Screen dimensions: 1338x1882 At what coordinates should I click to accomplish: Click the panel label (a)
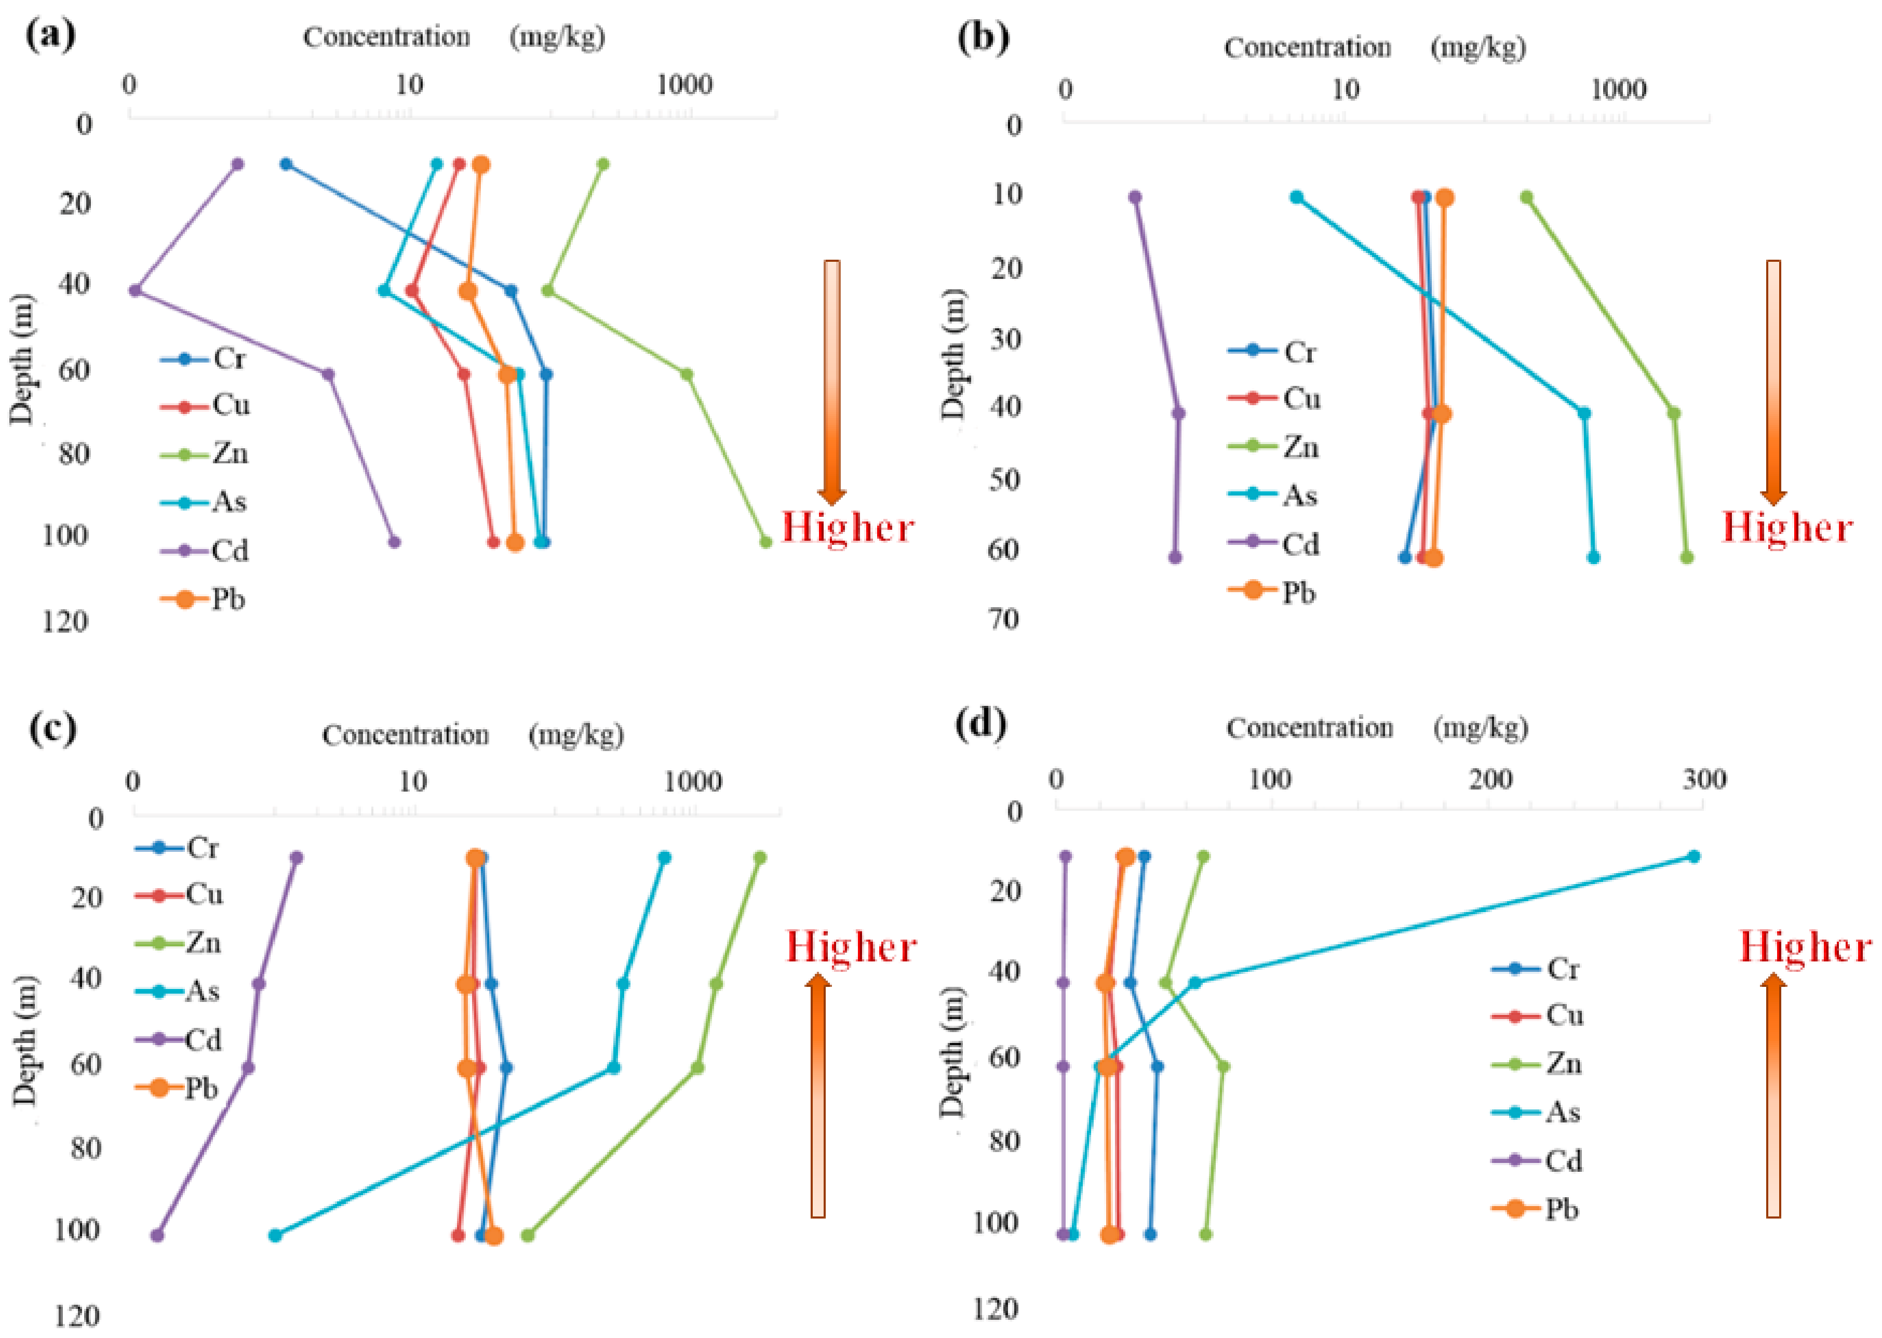point(51,35)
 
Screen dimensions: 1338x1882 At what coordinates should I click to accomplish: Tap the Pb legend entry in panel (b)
point(1272,592)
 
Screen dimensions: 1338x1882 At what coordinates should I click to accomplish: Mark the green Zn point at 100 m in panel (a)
point(765,541)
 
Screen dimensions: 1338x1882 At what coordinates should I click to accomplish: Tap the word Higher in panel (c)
point(851,947)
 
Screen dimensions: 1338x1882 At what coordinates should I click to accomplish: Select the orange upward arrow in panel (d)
point(1773,1096)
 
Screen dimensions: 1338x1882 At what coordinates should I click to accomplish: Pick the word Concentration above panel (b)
point(1307,48)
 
